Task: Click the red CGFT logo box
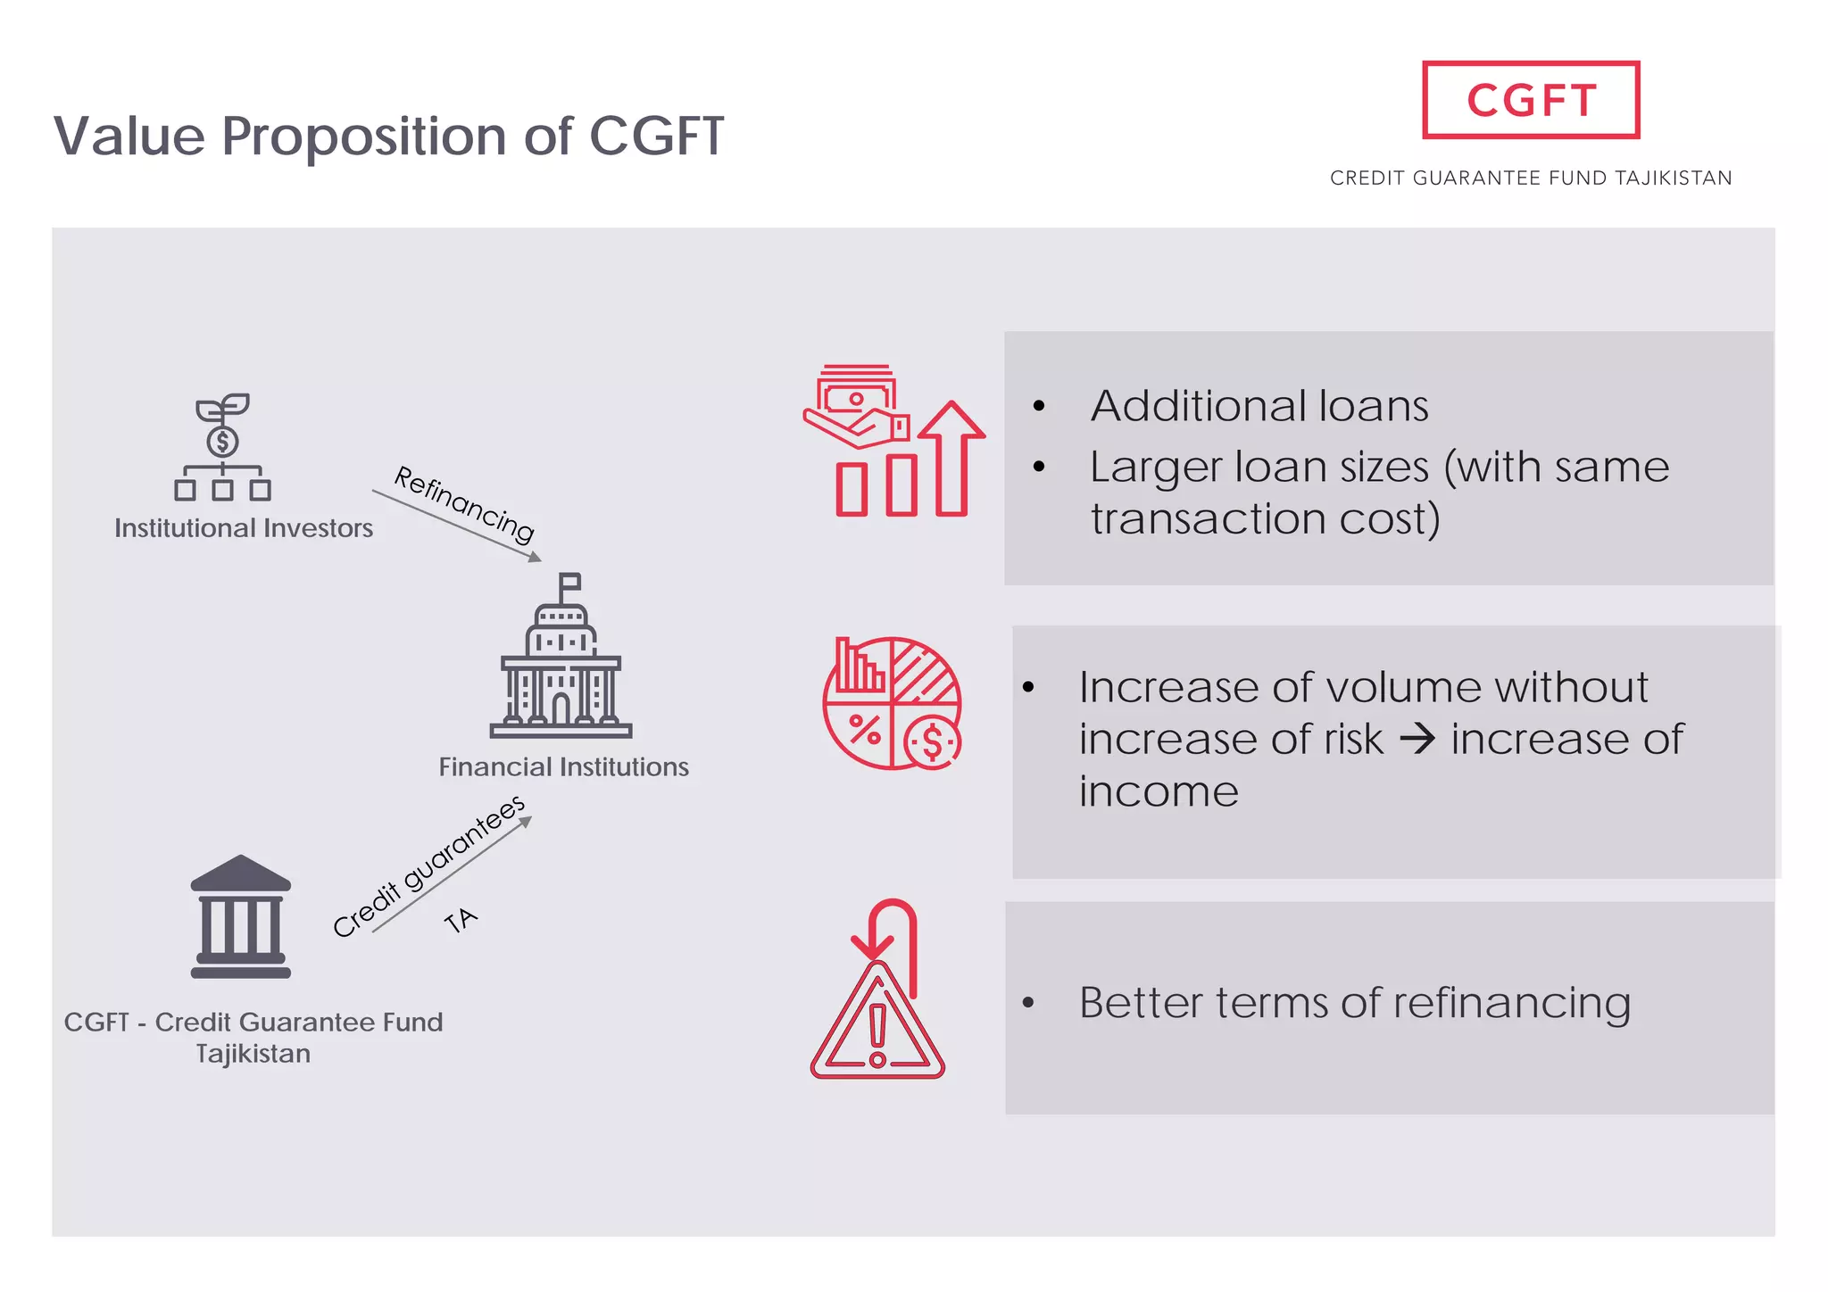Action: coord(1530,100)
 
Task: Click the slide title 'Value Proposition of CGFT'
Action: coord(388,137)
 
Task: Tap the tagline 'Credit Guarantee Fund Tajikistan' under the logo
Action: coord(1530,178)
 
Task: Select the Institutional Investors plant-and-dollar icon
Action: coord(222,446)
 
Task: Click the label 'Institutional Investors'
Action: coord(244,528)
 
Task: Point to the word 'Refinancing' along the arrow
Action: coord(464,503)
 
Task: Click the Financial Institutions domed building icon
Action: coord(561,665)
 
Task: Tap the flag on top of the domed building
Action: coord(569,583)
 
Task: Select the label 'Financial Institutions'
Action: coord(563,766)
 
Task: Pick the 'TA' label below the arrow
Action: coord(461,920)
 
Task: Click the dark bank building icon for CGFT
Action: coord(241,917)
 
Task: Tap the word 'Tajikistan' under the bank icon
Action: coord(253,1054)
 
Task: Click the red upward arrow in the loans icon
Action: coord(951,455)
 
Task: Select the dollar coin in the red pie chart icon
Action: coord(932,741)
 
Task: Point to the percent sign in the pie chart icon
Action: coord(864,730)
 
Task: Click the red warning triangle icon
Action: coord(877,1022)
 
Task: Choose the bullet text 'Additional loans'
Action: coord(1259,406)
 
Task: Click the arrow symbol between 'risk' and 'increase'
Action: coord(1417,739)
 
